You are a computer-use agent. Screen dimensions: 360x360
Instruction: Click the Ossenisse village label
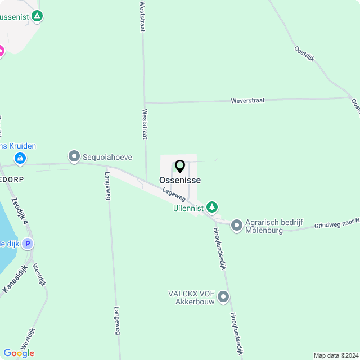180,181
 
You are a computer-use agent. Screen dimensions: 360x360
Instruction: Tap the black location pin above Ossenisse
180,166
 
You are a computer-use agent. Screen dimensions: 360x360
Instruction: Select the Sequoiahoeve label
107,157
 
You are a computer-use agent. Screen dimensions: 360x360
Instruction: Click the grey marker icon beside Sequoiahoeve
74,156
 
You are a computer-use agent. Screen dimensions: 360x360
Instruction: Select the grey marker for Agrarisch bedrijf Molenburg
237,226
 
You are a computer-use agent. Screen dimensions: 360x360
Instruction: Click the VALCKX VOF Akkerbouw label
191,298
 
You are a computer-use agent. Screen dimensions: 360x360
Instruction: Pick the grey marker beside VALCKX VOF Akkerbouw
224,296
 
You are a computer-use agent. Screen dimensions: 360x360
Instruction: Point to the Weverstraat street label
248,100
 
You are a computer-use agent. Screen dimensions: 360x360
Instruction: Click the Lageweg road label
174,195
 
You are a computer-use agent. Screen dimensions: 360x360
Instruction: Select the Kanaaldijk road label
15,278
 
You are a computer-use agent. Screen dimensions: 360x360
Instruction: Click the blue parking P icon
27,244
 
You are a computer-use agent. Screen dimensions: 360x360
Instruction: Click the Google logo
19,353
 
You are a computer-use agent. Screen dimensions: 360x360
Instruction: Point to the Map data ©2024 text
335,355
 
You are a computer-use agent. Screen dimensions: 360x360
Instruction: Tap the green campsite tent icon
37,16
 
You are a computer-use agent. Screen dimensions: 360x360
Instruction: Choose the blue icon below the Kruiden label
20,159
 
